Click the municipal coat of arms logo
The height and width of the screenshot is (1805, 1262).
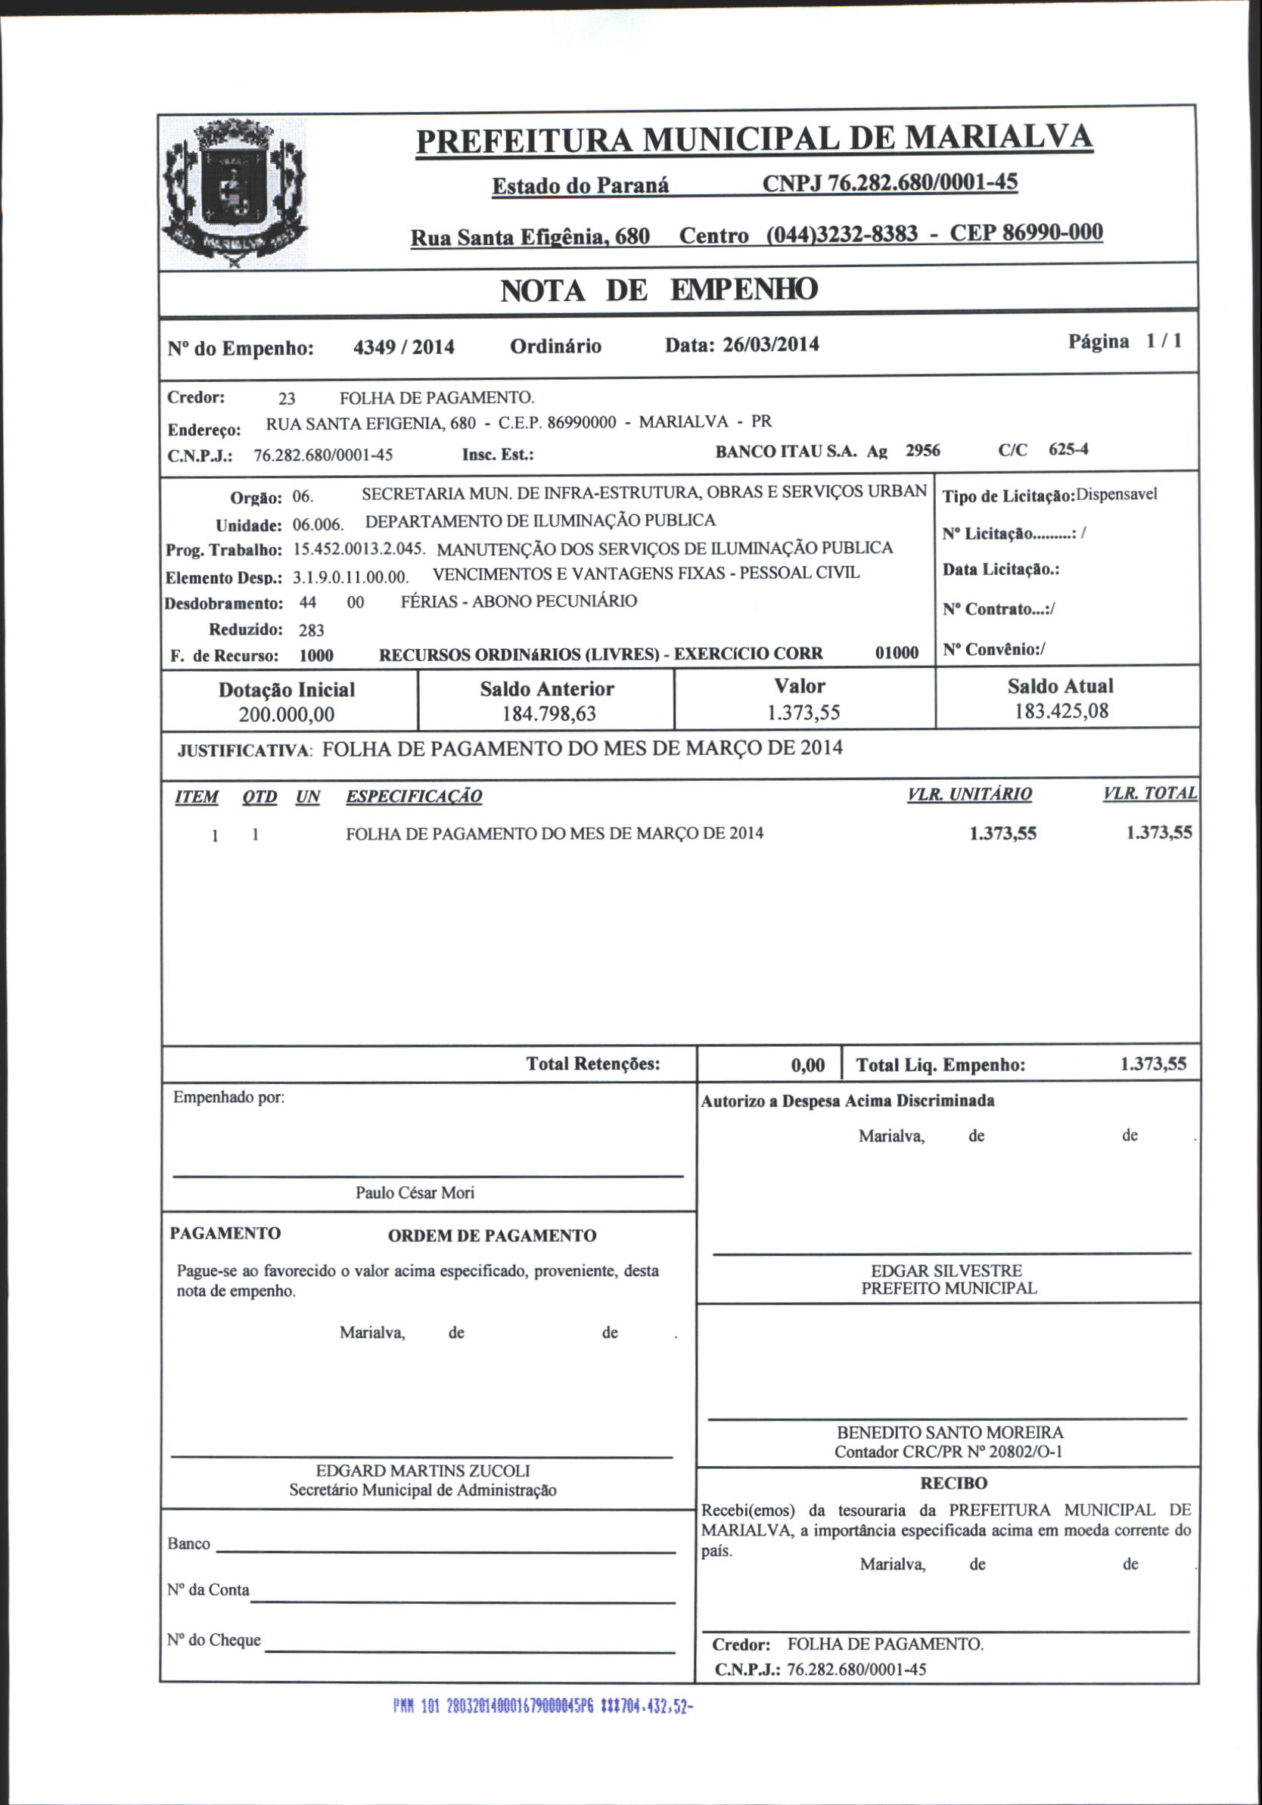234,193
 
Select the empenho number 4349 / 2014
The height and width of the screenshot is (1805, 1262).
404,347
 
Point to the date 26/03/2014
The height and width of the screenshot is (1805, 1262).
769,344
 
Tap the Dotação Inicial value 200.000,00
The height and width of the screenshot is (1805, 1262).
286,715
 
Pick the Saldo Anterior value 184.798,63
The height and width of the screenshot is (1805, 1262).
549,714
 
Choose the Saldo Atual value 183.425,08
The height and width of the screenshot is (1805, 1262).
1061,711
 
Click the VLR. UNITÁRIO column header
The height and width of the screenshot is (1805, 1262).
968,794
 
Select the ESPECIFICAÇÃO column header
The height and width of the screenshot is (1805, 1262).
414,797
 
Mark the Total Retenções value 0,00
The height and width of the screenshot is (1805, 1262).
807,1065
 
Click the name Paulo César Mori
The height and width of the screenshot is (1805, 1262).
415,1192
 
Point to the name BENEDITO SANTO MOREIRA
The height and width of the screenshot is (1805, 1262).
949,1432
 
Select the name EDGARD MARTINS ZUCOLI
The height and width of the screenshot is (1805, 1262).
422,1470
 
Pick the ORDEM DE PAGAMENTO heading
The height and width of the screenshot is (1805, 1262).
492,1236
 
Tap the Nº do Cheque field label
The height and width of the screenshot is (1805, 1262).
214,1640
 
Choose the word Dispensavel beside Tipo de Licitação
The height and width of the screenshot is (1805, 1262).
1116,496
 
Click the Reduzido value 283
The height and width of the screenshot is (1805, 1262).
312,629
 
